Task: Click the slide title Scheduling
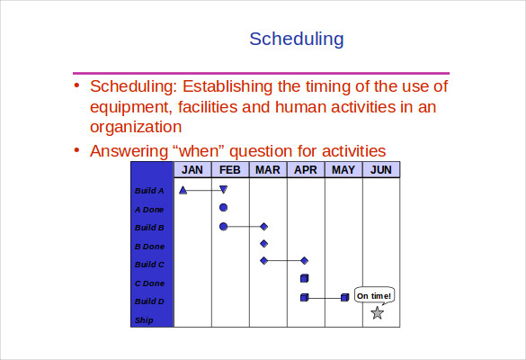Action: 296,39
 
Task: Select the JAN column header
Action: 192,170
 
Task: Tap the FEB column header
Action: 230,170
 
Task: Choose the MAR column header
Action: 267,170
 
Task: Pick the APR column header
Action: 306,170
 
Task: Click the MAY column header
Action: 343,170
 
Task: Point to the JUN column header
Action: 380,170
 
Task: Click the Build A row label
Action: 149,191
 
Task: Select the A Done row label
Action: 149,209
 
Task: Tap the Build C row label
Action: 149,265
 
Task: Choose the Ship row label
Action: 144,320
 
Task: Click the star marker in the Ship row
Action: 377,313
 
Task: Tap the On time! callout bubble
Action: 374,295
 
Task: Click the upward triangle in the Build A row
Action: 183,190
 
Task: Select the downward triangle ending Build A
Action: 224,190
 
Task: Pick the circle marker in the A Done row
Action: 223,208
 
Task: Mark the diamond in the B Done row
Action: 263,243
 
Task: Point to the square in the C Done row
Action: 304,278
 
